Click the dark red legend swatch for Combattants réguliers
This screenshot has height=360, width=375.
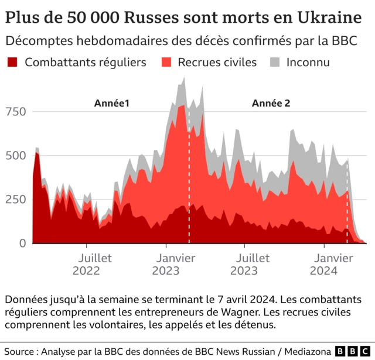pos(13,62)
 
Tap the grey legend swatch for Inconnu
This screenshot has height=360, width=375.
pos(275,62)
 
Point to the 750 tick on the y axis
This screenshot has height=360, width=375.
pos(16,111)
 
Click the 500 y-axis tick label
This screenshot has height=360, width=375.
pos(16,155)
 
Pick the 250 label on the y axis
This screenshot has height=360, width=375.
pos(16,199)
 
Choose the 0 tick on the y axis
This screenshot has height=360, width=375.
pos(22,242)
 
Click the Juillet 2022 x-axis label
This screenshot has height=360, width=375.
pos(87,264)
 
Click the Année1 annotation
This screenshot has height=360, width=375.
pos(111,103)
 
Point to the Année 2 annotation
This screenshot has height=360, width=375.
pos(271,103)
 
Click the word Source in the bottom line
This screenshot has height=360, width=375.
pos(21,351)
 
